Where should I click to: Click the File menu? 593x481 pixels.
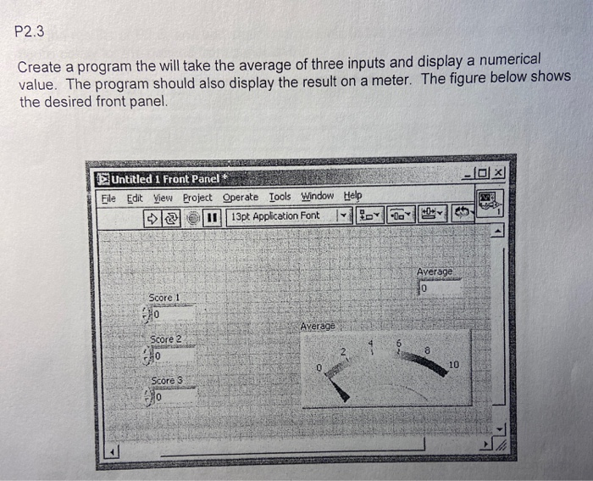pos(108,197)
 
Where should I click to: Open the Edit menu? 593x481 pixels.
pos(134,197)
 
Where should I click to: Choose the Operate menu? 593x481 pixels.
pos(240,197)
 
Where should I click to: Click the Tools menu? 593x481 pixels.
pos(279,197)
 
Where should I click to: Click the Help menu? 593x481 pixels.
pos(352,196)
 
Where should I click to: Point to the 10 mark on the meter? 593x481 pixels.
pos(455,366)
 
